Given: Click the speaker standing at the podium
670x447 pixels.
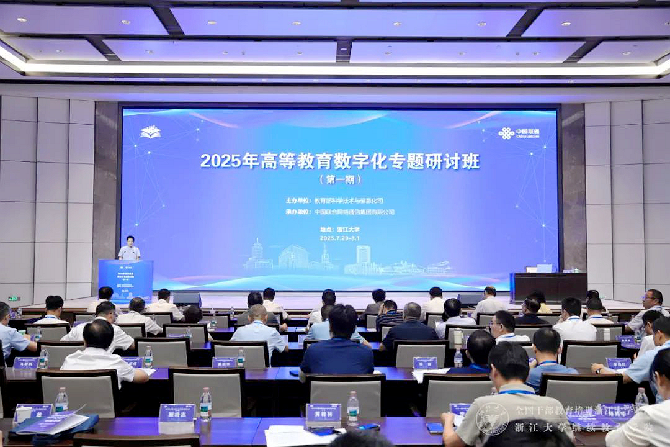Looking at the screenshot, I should pos(129,249).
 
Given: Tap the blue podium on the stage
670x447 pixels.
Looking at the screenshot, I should pos(125,279).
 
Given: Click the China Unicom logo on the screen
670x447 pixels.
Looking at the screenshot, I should pos(519,133).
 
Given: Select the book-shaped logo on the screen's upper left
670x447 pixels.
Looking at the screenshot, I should pos(150,132).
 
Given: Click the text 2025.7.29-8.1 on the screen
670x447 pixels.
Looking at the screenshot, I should pos(340,238).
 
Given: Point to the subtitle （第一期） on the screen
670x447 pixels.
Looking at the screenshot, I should pos(339,179).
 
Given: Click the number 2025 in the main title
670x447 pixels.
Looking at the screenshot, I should pos(220,161).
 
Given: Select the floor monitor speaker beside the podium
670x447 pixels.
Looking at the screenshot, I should pos(186,299).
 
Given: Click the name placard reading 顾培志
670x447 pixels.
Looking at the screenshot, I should pos(177,412).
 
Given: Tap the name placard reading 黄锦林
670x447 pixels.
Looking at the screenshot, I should pos(323,412).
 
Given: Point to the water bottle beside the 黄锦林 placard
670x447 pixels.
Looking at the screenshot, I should pos(353,407).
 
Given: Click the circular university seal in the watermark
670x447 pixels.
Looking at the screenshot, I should pos(492,418).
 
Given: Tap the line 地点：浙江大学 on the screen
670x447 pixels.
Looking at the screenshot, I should pos(340,229).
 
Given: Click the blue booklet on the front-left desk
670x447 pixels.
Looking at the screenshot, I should pos(53,423).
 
